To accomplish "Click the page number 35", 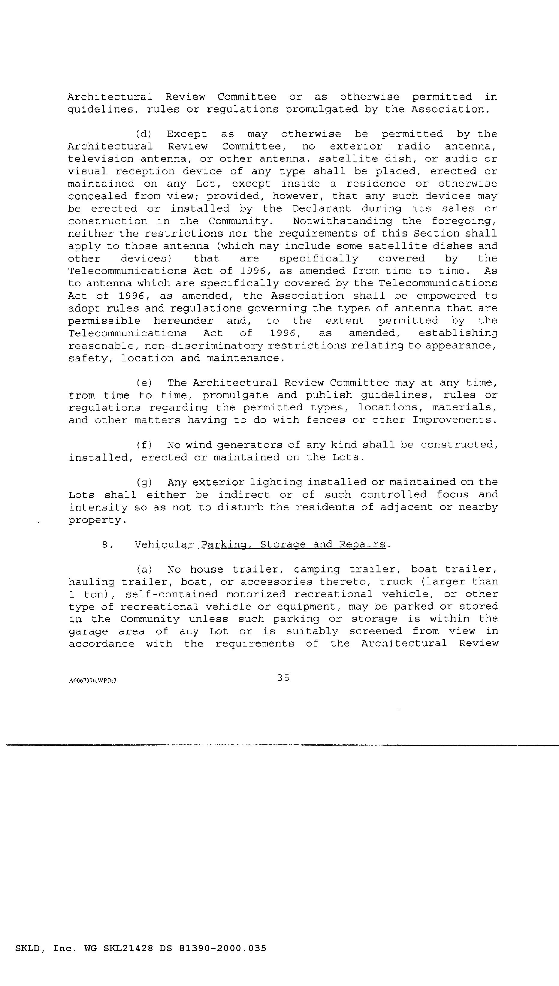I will (283, 678).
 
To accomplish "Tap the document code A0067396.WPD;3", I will (92, 680).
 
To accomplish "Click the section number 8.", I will (107, 544).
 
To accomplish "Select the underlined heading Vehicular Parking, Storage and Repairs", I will (260, 544).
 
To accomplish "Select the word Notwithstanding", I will (342, 222).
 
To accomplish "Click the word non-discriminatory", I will (204, 346).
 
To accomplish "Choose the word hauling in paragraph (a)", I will (91, 582).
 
